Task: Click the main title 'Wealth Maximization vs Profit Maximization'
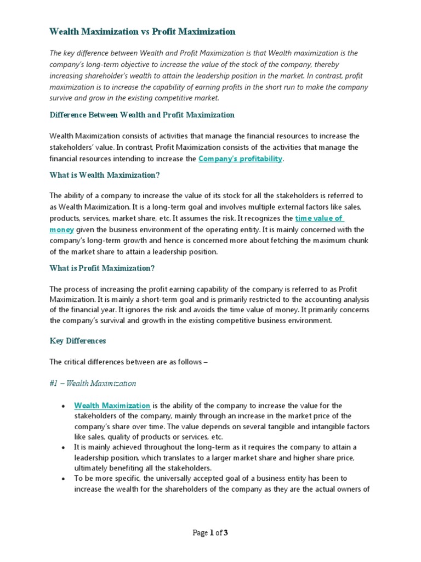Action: (142, 32)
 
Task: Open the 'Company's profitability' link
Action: (240, 159)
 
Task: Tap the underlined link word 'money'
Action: (61, 229)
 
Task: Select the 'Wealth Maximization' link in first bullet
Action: (112, 406)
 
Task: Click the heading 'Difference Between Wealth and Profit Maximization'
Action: (141, 115)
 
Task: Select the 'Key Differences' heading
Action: (77, 341)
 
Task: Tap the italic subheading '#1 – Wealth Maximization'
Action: (93, 383)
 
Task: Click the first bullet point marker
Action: (64, 406)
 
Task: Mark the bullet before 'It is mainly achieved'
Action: (64, 448)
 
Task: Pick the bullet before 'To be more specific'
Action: (64, 479)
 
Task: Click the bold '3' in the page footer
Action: (225, 533)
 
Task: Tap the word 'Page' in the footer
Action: (200, 533)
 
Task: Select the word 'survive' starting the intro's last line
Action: (61, 98)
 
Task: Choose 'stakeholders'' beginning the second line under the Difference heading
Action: (70, 147)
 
